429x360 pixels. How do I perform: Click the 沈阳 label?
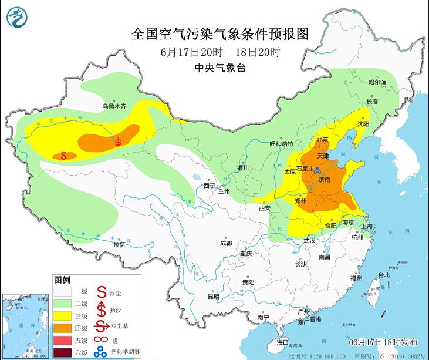coord(363,124)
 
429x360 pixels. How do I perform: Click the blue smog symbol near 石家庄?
coord(317,171)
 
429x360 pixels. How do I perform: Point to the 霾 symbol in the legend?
coord(100,340)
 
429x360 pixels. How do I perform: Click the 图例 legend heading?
coord(62,279)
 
